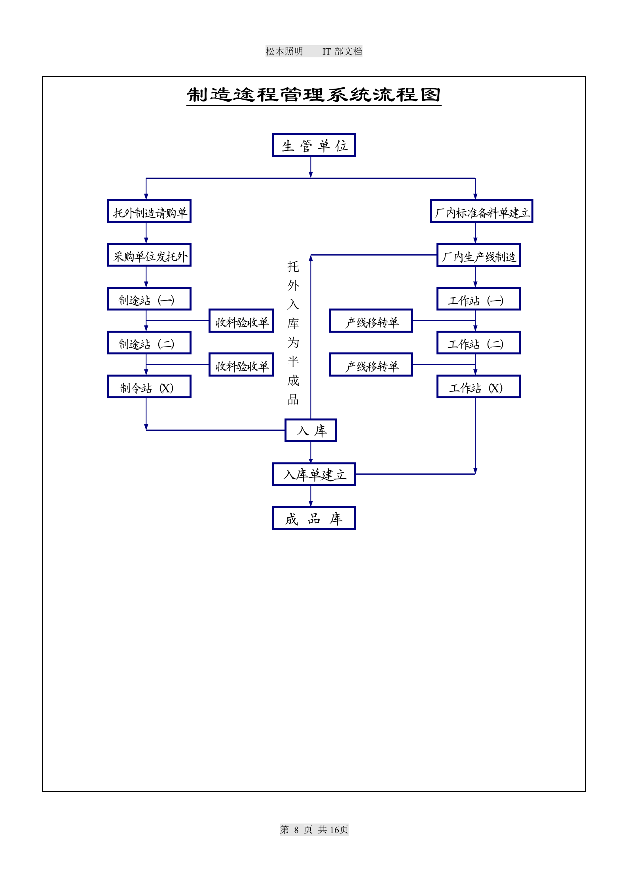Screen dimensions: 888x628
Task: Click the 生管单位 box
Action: tap(314, 145)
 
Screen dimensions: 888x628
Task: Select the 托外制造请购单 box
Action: tap(149, 211)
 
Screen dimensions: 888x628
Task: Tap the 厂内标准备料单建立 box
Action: tap(482, 211)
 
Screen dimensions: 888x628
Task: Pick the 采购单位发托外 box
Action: tap(149, 255)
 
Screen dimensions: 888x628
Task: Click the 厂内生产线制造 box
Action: tap(478, 255)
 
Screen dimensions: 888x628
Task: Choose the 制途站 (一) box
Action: tap(149, 299)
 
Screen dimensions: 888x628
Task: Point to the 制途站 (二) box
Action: tap(149, 343)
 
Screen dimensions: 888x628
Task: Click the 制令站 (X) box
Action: tap(149, 387)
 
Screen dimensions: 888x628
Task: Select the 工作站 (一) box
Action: tap(478, 299)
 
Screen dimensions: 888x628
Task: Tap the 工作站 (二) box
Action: tap(478, 343)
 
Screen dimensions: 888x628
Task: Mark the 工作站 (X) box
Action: tap(478, 387)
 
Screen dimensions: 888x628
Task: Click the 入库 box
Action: tap(311, 430)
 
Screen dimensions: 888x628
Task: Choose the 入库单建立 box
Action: tap(314, 474)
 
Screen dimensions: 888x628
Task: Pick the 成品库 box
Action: tap(314, 518)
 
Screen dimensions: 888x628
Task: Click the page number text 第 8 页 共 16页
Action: tap(314, 829)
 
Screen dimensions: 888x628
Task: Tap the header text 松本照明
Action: tap(284, 51)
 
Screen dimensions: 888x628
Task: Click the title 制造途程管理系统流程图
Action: tap(314, 95)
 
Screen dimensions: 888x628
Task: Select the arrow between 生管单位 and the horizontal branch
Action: tap(311, 167)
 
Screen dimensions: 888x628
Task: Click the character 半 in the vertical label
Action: tap(293, 362)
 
